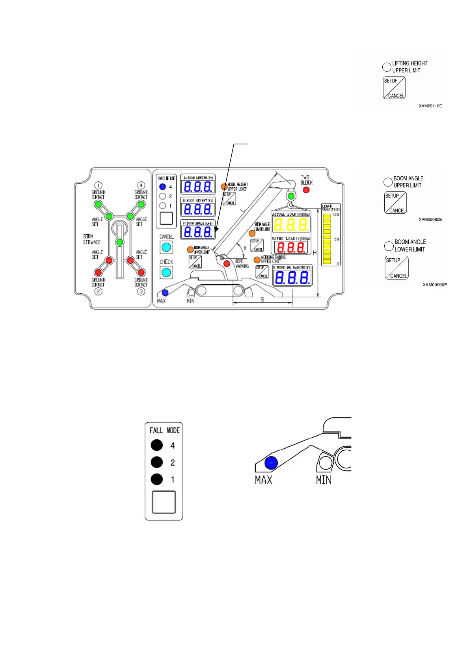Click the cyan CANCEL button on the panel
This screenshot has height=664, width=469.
pyautogui.click(x=166, y=247)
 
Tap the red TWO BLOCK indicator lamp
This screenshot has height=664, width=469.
pyautogui.click(x=306, y=190)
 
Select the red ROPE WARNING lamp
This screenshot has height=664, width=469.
pyautogui.click(x=227, y=263)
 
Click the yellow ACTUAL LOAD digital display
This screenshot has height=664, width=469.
pyautogui.click(x=291, y=225)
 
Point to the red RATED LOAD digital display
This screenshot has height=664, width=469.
pyautogui.click(x=291, y=247)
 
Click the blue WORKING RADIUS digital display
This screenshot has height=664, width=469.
pyautogui.click(x=292, y=278)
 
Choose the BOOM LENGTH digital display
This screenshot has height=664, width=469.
pyautogui.click(x=198, y=187)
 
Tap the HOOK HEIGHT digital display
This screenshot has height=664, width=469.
pyautogui.click(x=198, y=209)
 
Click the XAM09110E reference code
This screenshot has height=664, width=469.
pyautogui.click(x=430, y=106)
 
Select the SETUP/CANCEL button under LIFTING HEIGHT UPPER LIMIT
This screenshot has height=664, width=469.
pyautogui.click(x=394, y=88)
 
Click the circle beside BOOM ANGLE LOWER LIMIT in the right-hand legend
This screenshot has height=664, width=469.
pyautogui.click(x=389, y=246)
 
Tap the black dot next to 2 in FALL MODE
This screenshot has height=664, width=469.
pyautogui.click(x=157, y=462)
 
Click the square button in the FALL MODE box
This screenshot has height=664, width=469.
pyautogui.click(x=164, y=502)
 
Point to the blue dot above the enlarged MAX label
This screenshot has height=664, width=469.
pyautogui.click(x=271, y=463)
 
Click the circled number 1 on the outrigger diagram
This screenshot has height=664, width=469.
pyautogui.click(x=98, y=185)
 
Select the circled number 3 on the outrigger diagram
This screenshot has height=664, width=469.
pyautogui.click(x=141, y=291)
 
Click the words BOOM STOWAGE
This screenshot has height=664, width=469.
pyautogui.click(x=91, y=239)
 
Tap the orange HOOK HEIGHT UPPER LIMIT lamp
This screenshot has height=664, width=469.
pyautogui.click(x=224, y=187)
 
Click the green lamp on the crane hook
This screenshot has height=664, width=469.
pyautogui.click(x=291, y=196)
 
